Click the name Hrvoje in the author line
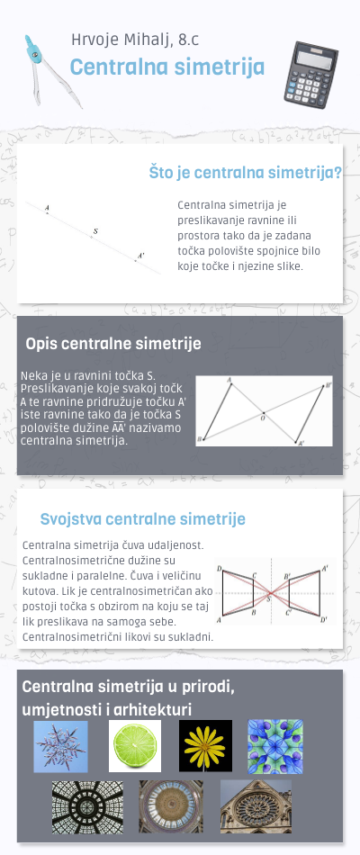tap(94, 39)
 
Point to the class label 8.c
tap(192, 39)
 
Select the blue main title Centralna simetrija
tap(166, 67)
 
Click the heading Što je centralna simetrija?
tap(244, 173)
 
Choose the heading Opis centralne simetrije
tap(112, 344)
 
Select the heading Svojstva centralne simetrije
tap(142, 519)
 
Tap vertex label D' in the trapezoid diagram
tap(324, 620)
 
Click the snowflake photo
tap(60, 746)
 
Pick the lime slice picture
tap(135, 746)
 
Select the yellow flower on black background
tap(205, 746)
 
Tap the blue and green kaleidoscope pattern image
tap(275, 746)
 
